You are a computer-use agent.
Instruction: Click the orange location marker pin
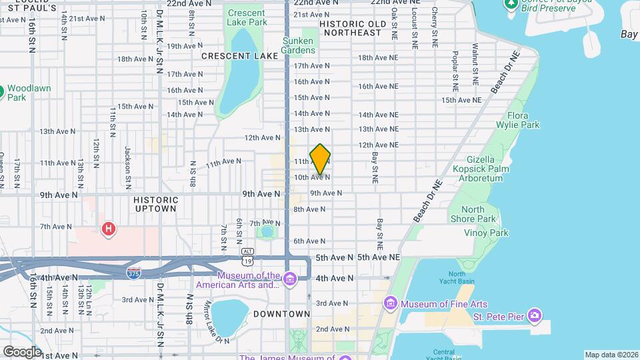320,159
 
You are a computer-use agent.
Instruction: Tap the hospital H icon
108,229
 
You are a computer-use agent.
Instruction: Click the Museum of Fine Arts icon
391,304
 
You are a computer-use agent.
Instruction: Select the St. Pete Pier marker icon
533,315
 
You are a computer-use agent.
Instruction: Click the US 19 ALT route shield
248,251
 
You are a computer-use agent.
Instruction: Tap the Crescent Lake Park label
246,17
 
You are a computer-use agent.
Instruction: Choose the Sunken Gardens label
297,45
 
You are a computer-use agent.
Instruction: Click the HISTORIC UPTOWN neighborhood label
155,204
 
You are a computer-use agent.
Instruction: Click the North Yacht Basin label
457,278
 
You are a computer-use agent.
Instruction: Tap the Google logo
22,351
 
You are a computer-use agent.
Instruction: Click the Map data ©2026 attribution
611,355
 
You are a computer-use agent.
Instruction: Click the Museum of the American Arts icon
289,278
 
